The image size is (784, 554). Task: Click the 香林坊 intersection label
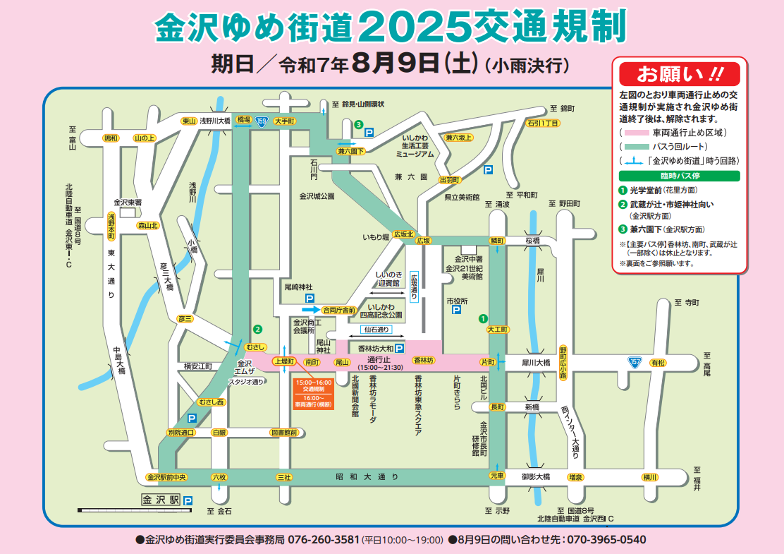[x=424, y=361]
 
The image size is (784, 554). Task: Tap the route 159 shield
[x=262, y=121]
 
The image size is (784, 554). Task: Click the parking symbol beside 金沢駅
[x=188, y=500]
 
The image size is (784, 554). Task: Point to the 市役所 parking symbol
[x=456, y=309]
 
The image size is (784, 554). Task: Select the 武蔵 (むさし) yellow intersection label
[x=255, y=347]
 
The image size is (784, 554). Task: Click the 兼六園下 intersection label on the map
[x=350, y=151]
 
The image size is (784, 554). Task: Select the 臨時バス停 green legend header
[x=679, y=176]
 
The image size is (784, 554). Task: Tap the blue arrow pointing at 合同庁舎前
[x=310, y=309]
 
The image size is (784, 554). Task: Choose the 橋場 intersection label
[x=243, y=121]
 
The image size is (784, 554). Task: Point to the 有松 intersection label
[x=658, y=362]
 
